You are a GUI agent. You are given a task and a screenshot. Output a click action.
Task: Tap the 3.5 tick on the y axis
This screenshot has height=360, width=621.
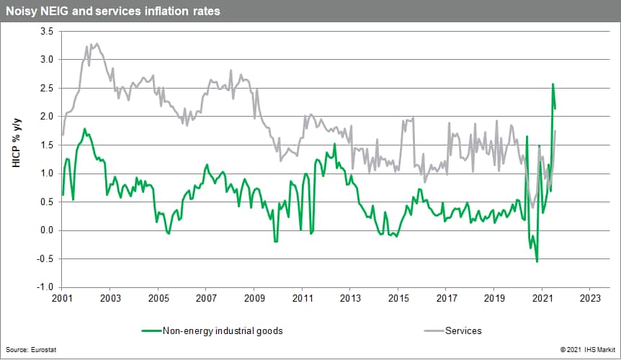[x=46, y=32]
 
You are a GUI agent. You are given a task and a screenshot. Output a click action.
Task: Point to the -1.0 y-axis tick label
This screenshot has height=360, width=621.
[x=45, y=287]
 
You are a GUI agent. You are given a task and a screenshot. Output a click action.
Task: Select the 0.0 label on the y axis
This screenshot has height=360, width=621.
[x=46, y=230]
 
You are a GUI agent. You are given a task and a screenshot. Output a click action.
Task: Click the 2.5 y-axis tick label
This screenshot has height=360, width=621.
[x=46, y=89]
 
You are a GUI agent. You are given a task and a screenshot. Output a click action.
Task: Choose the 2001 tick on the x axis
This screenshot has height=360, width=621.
[x=62, y=297]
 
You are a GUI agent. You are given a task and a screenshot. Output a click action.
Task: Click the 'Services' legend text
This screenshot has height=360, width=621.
[x=463, y=330]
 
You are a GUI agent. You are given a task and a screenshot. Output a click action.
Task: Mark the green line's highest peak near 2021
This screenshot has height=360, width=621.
[x=553, y=84]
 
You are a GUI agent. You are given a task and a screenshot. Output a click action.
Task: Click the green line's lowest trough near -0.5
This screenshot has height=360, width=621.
[x=537, y=261]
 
